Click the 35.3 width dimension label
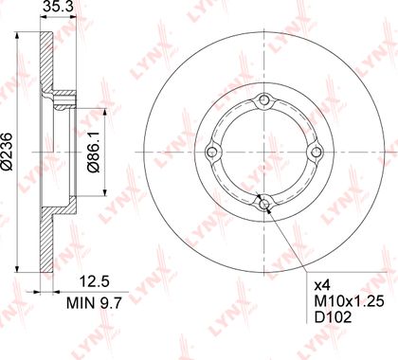[58, 7]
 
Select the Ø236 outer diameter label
[7, 153]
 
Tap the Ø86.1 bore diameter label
[93, 153]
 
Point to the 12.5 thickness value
[94, 281]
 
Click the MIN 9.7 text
[94, 303]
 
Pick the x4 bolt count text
[322, 286]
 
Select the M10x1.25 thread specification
[349, 301]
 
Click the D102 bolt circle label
[334, 317]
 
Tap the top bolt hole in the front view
[264, 99]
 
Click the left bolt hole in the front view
[211, 153]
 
